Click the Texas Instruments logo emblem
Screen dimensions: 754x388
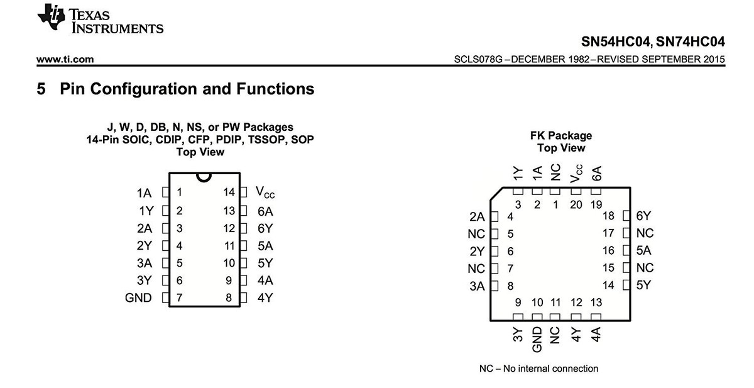51,17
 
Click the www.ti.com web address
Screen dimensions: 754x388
65,59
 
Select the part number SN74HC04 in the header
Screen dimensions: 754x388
690,42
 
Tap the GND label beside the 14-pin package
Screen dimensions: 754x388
138,297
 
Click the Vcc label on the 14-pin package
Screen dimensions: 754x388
265,192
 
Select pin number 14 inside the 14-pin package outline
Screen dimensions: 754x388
229,192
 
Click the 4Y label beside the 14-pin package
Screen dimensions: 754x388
265,297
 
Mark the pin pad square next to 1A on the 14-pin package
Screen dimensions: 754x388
166,192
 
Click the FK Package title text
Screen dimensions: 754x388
560,135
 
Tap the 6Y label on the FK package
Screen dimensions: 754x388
643,216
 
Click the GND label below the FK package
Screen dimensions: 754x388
537,339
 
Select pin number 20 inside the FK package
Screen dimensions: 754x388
576,204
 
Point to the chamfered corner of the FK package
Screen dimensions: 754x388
496,194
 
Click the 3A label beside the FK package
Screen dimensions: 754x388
477,286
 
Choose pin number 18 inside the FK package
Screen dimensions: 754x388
608,216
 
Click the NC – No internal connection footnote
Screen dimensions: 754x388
538,369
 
